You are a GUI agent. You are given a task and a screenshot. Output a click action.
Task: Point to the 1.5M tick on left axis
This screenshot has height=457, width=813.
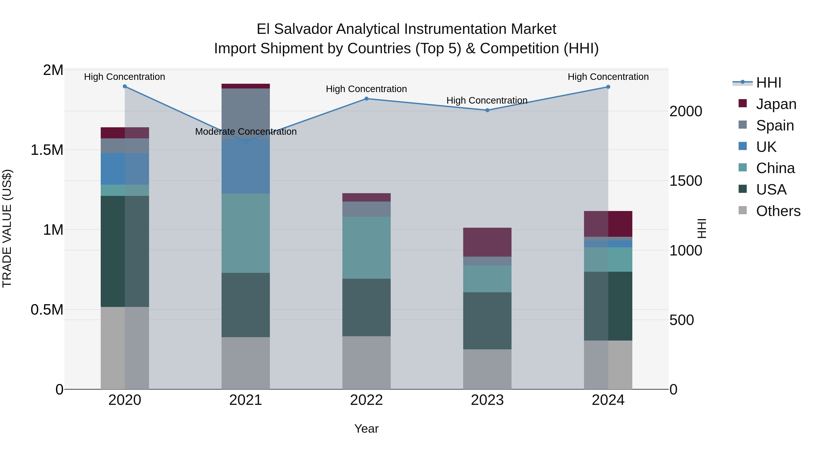47,150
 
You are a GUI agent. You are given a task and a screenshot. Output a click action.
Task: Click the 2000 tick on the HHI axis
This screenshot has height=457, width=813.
685,111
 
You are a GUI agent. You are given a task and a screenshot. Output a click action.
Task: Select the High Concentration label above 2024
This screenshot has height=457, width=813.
608,77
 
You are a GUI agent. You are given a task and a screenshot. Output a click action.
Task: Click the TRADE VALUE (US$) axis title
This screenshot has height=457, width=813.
7,228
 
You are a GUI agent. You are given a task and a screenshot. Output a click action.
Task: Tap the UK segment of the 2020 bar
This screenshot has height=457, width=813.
125,169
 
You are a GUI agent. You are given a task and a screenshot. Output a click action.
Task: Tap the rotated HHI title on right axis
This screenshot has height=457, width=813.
701,228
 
